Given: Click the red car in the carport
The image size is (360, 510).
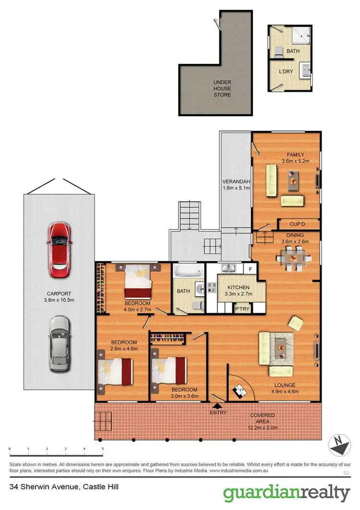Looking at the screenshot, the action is click(x=59, y=250).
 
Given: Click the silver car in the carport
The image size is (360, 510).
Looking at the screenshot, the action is click(x=59, y=344).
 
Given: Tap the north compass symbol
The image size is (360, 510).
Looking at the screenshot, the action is click(x=339, y=445).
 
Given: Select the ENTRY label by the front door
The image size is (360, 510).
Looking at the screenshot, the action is click(x=218, y=413).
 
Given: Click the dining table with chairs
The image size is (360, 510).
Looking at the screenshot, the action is click(x=294, y=258).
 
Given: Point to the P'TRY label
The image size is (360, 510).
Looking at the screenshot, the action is click(x=242, y=308).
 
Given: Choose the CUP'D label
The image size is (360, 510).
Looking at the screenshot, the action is click(x=297, y=224).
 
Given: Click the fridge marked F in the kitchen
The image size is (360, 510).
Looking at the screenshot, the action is click(x=250, y=269).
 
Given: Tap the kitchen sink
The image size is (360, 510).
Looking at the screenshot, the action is click(x=229, y=268).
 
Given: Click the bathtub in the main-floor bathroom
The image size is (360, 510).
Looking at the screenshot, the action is click(x=189, y=271).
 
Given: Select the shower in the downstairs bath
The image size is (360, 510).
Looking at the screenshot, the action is click(x=301, y=36).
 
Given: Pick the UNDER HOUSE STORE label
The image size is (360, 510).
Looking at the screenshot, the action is click(x=222, y=88).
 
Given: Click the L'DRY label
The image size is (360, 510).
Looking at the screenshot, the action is click(x=286, y=71).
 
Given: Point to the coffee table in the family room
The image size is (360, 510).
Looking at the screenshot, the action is click(x=293, y=180).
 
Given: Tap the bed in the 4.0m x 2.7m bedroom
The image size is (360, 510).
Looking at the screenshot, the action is click(x=138, y=281).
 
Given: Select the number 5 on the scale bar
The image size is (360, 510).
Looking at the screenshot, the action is click(x=103, y=449).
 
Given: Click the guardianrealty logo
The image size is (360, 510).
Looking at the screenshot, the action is click(x=287, y=493).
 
